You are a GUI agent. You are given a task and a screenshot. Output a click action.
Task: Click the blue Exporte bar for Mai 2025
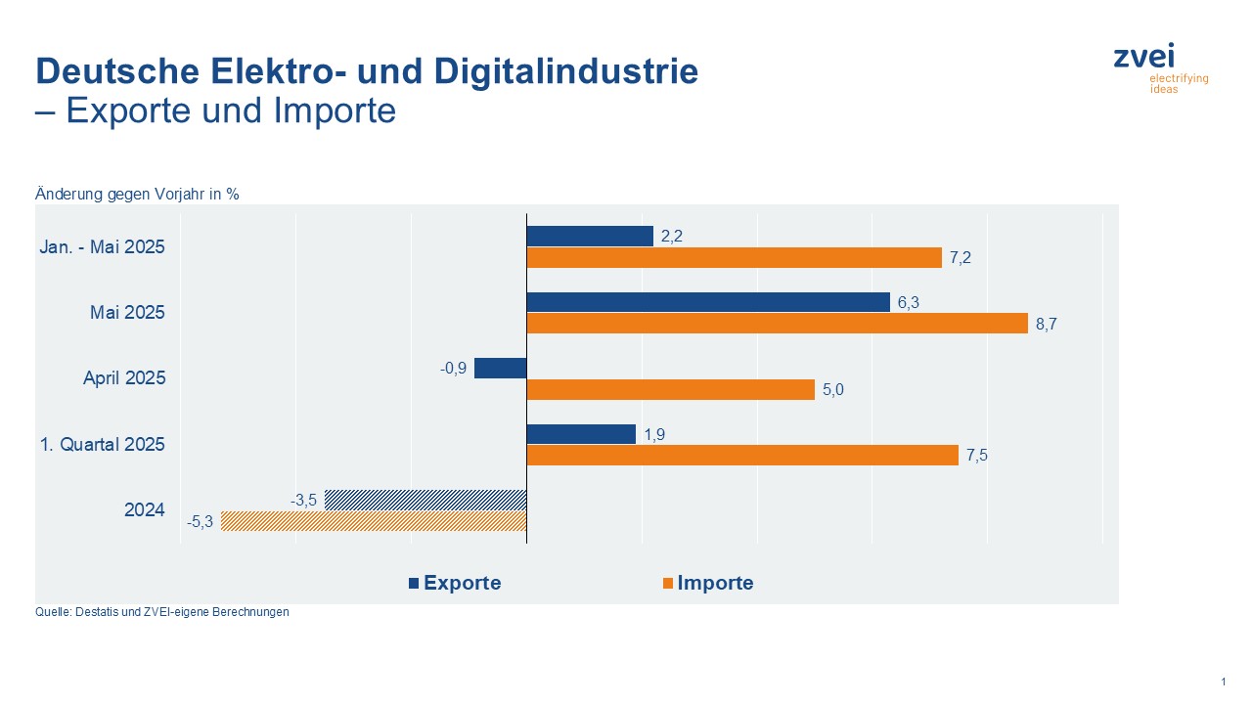point(708,302)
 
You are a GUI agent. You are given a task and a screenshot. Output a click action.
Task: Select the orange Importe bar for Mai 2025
point(778,324)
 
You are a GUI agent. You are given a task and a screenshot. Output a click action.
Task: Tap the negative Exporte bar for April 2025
point(501,368)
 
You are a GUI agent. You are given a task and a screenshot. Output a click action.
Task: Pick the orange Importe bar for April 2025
point(671,389)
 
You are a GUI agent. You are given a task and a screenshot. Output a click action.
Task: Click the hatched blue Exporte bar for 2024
point(425,500)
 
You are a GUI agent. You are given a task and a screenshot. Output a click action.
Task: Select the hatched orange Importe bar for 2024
point(374,521)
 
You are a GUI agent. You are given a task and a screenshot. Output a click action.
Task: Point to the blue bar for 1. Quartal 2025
point(581,433)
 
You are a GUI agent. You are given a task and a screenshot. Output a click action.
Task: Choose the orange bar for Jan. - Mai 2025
point(735,258)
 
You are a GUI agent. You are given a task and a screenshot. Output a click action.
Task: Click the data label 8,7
point(1047,325)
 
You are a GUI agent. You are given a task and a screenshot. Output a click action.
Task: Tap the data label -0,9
point(455,369)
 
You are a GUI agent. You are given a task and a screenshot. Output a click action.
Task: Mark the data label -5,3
point(201,522)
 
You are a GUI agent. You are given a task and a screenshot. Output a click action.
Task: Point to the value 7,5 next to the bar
point(976,456)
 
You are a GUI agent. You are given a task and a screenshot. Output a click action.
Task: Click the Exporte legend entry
point(455,583)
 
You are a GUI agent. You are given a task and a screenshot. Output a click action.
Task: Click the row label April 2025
point(124,378)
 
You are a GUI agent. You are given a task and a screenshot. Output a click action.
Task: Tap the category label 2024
point(145,509)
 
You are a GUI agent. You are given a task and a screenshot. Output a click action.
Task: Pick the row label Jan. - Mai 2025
point(103,247)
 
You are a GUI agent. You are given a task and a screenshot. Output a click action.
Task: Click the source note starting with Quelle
point(162,613)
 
